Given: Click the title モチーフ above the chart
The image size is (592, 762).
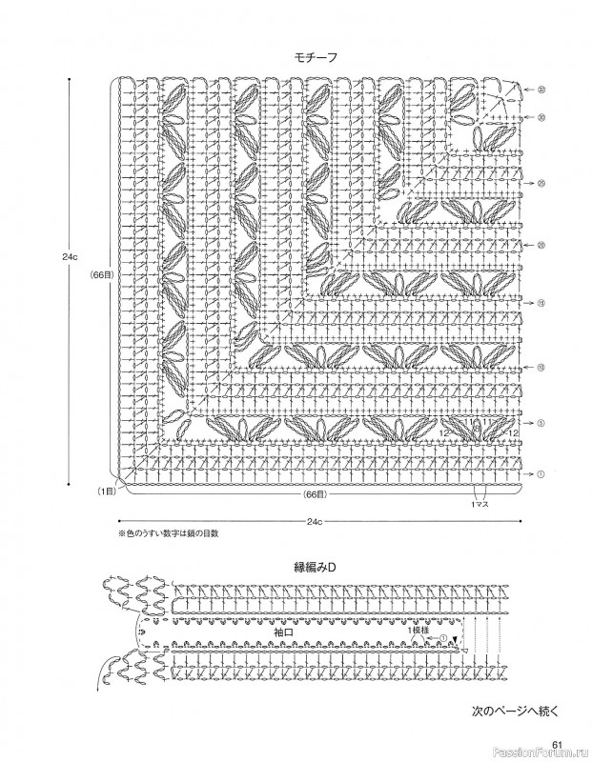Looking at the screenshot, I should [316, 58].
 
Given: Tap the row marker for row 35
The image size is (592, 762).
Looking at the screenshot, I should [541, 91].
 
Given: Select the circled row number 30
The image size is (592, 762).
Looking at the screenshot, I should [541, 118].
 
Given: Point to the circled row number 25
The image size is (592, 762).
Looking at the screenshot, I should [541, 183].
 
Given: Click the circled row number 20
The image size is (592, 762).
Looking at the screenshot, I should [541, 245].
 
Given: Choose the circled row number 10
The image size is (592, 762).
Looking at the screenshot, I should [541, 366].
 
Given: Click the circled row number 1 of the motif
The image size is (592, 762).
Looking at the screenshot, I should [541, 474].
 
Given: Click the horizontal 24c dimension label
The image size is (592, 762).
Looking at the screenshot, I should [316, 521].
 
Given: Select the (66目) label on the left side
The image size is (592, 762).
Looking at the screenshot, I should [103, 274].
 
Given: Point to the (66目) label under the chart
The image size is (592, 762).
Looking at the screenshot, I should [316, 495].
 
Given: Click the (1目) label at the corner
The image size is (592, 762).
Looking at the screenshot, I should [104, 491].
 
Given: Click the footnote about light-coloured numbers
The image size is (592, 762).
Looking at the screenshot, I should [168, 535].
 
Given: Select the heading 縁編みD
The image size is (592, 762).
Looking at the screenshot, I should [316, 569].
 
